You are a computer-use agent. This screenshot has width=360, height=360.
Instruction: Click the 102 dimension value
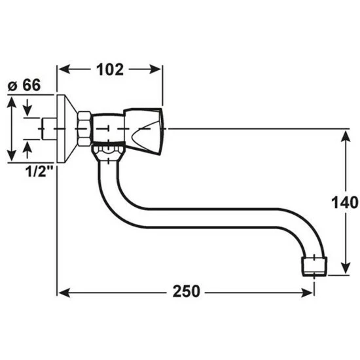(x=110, y=69)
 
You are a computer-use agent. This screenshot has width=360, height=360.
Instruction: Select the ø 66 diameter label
(x=24, y=85)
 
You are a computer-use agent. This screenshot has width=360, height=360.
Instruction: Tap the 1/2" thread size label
(x=39, y=171)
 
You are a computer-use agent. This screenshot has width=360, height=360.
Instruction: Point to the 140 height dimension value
(x=345, y=202)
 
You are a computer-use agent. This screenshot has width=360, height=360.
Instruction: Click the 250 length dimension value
(x=186, y=291)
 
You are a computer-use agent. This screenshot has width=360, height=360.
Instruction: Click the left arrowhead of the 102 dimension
(x=64, y=69)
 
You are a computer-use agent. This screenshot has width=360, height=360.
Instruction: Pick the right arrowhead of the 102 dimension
(x=155, y=69)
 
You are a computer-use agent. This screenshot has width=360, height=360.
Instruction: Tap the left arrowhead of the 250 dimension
(x=64, y=293)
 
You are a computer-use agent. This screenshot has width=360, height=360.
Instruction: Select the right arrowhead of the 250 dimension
(x=308, y=293)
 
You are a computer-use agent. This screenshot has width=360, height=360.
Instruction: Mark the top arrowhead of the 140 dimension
(x=346, y=136)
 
